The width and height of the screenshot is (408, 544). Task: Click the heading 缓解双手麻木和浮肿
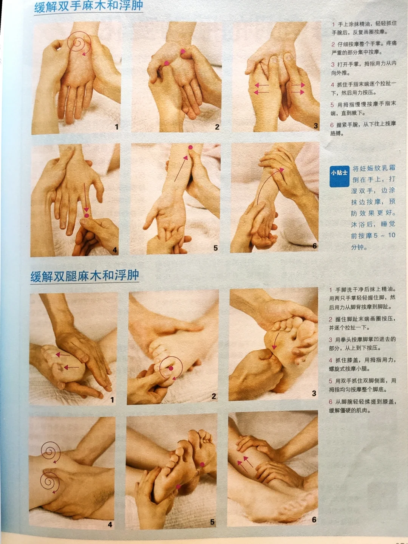tap(89, 7)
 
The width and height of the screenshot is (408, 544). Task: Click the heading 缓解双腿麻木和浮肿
tap(85, 276)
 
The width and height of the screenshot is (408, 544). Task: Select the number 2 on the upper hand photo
tap(217, 127)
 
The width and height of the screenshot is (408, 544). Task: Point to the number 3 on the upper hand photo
tap(316, 126)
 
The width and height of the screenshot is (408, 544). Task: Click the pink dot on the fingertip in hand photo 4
tap(87, 215)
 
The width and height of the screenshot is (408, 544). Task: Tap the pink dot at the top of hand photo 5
tap(190, 147)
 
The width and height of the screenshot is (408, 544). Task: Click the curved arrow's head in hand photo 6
tap(281, 170)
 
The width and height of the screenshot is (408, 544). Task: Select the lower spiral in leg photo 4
tap(50, 482)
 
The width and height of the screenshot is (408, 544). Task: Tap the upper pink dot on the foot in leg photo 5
tap(202, 464)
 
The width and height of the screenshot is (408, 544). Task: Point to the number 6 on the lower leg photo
tap(314, 519)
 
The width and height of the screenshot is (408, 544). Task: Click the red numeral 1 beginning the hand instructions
tap(334, 24)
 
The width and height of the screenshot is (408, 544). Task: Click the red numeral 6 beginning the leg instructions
tap(331, 402)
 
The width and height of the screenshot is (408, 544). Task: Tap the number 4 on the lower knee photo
tap(110, 524)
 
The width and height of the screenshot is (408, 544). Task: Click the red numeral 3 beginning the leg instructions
tap(331, 339)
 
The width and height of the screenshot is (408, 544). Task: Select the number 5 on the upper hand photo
tap(215, 248)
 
